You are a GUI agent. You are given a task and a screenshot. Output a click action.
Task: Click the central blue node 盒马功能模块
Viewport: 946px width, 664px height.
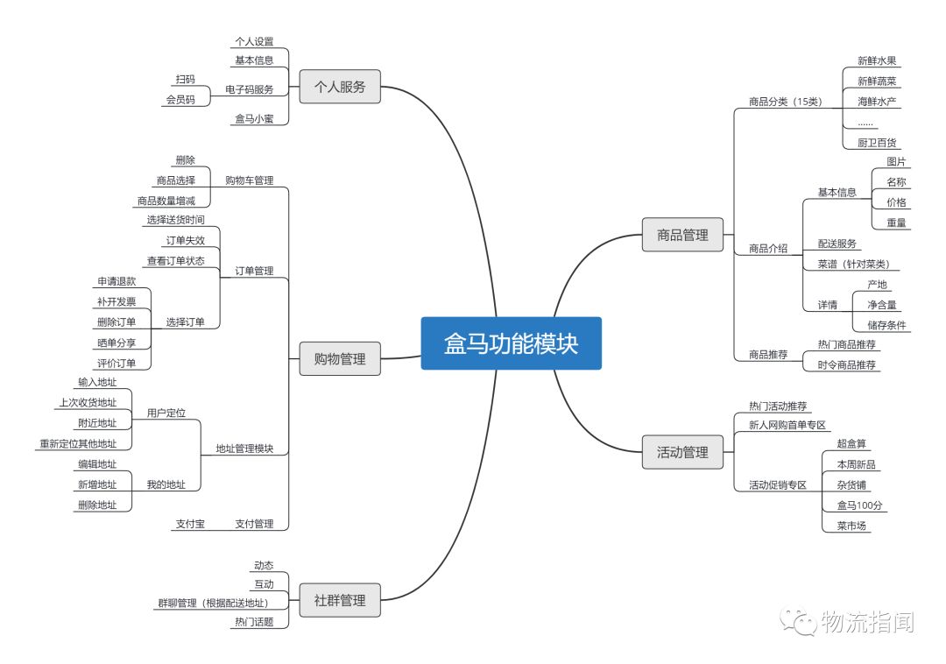511,343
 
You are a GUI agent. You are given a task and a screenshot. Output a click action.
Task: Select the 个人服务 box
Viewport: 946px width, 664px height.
340,87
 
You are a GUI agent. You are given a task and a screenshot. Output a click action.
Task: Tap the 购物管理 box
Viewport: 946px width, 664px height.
340,358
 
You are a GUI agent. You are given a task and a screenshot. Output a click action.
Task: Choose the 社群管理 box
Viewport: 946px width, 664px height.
340,602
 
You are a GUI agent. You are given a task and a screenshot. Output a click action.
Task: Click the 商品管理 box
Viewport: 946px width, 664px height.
682,235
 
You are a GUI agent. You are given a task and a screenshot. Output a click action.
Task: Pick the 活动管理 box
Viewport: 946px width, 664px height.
682,453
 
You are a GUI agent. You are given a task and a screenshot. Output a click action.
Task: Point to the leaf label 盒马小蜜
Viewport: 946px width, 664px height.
254,118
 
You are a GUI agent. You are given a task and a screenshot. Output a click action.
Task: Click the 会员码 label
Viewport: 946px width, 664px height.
180,100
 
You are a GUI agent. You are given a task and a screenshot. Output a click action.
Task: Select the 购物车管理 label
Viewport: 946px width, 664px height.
249,180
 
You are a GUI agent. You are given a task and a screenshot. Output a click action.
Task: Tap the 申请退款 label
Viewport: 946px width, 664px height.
116,281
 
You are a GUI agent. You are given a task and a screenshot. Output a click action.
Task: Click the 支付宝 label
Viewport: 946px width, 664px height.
189,524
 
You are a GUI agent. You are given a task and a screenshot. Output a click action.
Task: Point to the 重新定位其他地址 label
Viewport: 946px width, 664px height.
77,443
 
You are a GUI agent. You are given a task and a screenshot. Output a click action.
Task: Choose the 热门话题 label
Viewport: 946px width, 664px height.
254,622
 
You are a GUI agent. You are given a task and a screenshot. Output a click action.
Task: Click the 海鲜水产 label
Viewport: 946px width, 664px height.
877,102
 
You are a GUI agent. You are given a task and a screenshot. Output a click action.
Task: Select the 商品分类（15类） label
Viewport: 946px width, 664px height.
785,102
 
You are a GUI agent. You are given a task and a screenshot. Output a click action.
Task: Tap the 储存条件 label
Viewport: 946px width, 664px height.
886,325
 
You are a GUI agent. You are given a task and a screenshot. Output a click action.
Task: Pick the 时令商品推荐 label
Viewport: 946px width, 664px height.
847,364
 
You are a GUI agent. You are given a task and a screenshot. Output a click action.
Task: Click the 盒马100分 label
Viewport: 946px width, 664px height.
861,505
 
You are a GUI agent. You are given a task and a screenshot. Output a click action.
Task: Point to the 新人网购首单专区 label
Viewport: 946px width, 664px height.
787,425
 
